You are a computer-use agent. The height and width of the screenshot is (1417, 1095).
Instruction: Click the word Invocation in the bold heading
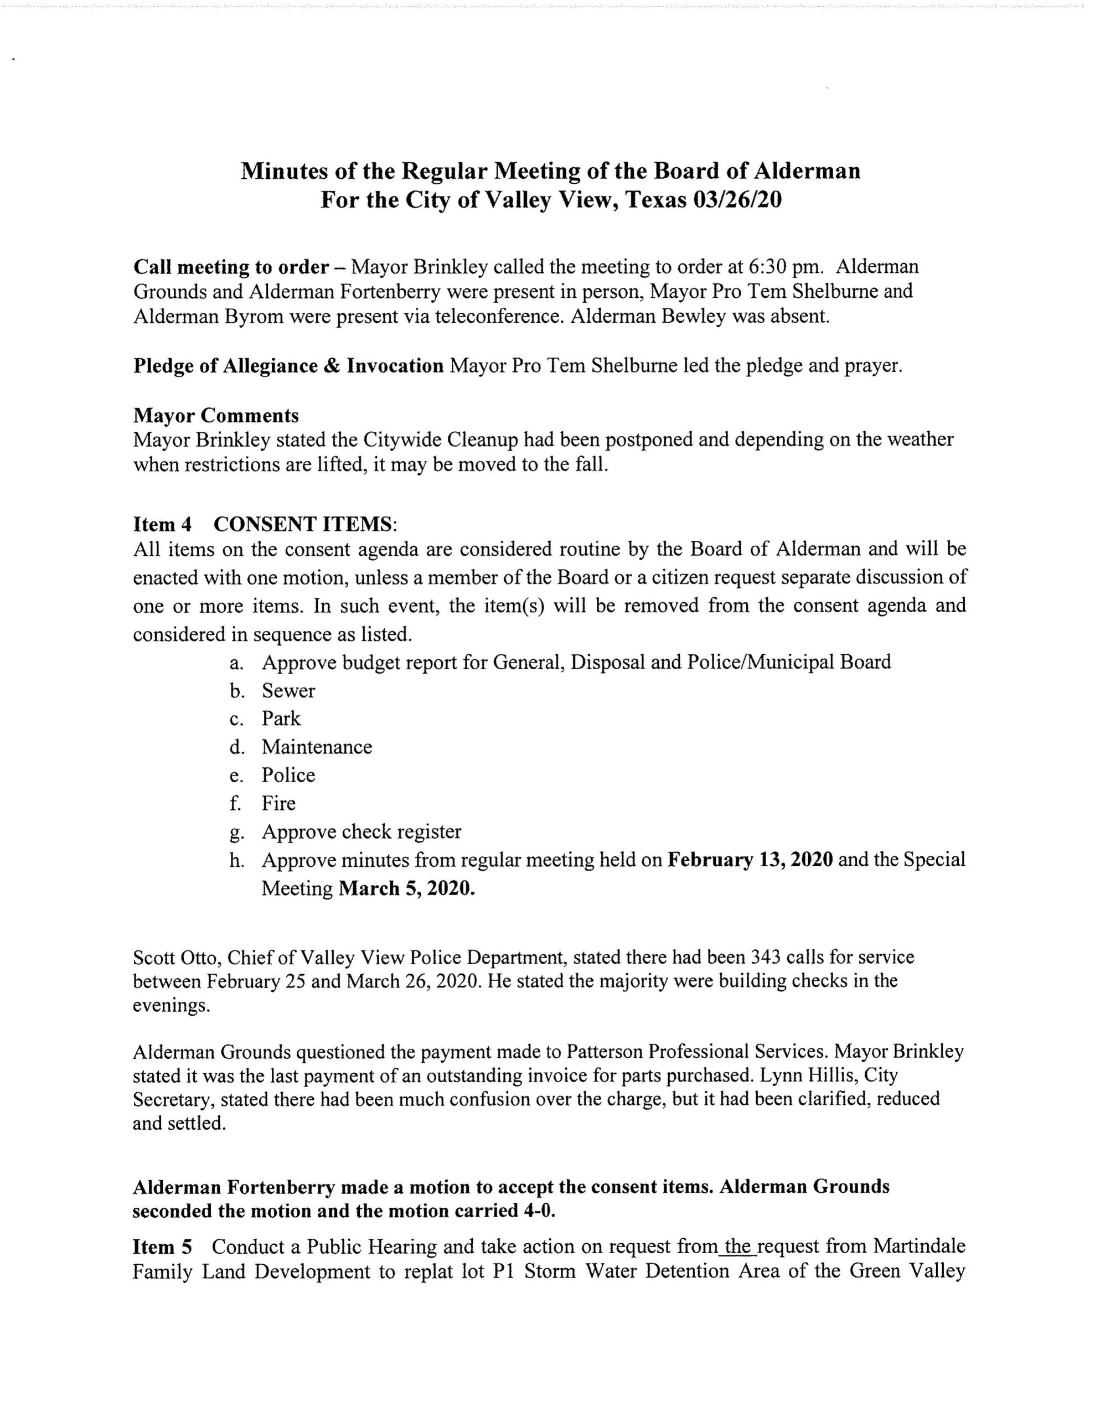tap(395, 366)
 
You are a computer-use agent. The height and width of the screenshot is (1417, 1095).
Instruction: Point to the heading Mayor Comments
tap(216, 415)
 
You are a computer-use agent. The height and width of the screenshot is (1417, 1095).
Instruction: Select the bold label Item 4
tap(163, 524)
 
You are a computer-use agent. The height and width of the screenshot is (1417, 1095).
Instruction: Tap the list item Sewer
tap(288, 691)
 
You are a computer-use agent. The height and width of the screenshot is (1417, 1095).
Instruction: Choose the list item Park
tap(281, 719)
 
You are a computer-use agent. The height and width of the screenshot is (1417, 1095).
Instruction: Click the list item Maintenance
tap(317, 747)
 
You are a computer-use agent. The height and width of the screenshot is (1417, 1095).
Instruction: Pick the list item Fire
tap(278, 804)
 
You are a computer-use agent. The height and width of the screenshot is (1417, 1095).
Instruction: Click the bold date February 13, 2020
tap(750, 860)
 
